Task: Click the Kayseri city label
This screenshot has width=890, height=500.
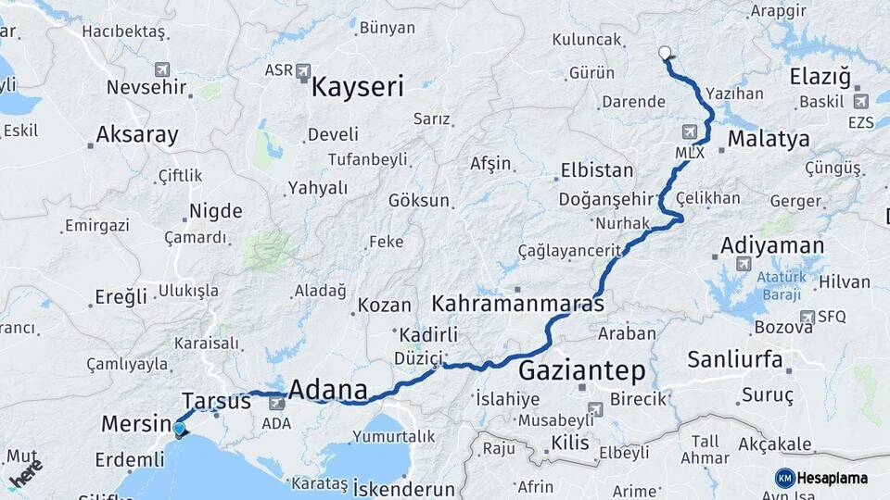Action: pos(358,87)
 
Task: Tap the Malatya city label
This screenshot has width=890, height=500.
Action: pos(769,140)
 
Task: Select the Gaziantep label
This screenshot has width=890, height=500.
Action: pos(581,371)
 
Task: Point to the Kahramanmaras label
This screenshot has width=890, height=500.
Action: pos(518,304)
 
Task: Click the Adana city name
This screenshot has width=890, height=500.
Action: pos(328,390)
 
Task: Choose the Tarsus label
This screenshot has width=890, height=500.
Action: pos(216,401)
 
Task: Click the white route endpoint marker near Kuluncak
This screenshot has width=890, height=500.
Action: pos(664,53)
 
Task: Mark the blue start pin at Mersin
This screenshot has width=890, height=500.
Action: pos(179,428)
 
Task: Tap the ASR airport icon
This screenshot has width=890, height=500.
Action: pos(304,70)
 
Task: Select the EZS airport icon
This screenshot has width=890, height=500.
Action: pos(861,102)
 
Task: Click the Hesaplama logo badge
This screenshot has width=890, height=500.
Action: pos(822,478)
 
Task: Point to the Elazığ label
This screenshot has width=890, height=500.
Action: pos(820,77)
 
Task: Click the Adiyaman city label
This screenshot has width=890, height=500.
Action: pos(771,246)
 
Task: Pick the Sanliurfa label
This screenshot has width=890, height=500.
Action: pos(735,359)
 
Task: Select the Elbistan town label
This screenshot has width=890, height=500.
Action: pos(597,171)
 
